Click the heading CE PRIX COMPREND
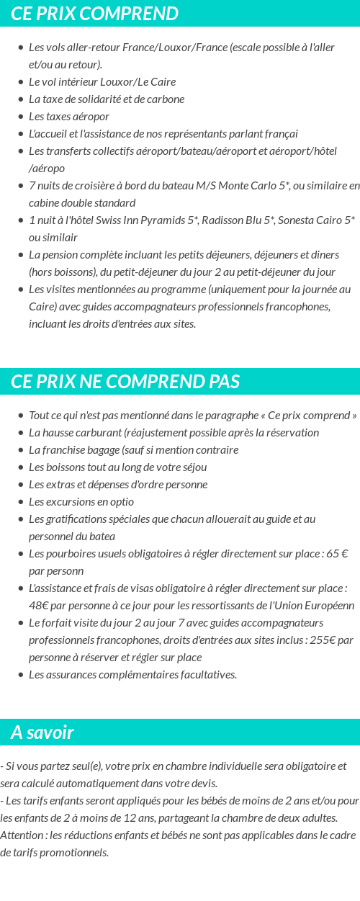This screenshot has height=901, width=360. tap(95, 14)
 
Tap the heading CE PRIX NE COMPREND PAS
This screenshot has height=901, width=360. tap(125, 381)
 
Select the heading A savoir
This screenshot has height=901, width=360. tap(42, 732)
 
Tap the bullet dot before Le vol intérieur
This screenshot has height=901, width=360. tap(20, 81)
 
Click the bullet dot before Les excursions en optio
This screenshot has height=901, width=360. tap(20, 501)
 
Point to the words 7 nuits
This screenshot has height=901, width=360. tap(47, 185)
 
